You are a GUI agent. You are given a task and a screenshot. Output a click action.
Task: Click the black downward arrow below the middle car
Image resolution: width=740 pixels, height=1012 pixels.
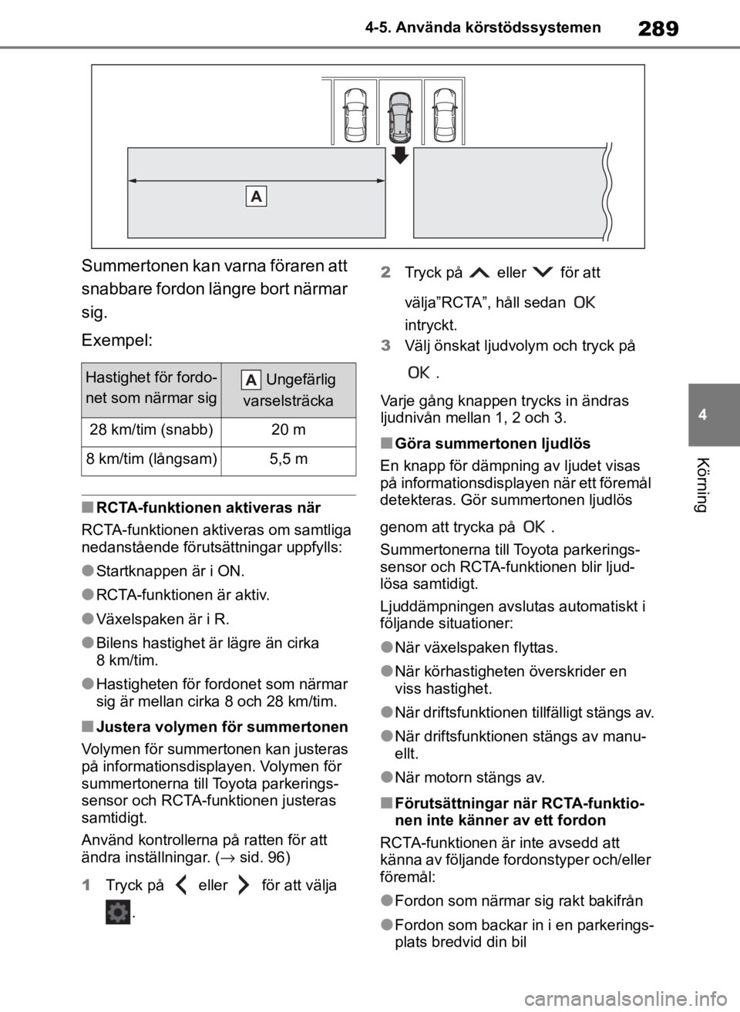click(x=399, y=155)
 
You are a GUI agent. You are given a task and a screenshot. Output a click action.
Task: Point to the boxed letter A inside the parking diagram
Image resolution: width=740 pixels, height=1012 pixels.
click(x=257, y=197)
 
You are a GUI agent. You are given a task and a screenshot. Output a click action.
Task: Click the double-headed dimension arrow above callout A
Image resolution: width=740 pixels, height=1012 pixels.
click(x=257, y=180)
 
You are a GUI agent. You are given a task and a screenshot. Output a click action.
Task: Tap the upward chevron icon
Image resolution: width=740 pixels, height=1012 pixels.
click(x=479, y=273)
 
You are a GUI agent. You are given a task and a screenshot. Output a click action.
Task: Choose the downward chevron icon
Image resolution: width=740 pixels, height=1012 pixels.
click(x=543, y=273)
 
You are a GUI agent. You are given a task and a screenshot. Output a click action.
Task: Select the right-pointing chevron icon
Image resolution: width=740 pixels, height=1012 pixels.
click(x=243, y=885)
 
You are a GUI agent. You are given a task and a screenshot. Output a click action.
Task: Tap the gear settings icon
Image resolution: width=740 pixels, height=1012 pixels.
click(x=118, y=913)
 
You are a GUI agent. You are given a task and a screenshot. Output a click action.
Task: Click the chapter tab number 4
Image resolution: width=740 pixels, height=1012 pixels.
click(x=702, y=415)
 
